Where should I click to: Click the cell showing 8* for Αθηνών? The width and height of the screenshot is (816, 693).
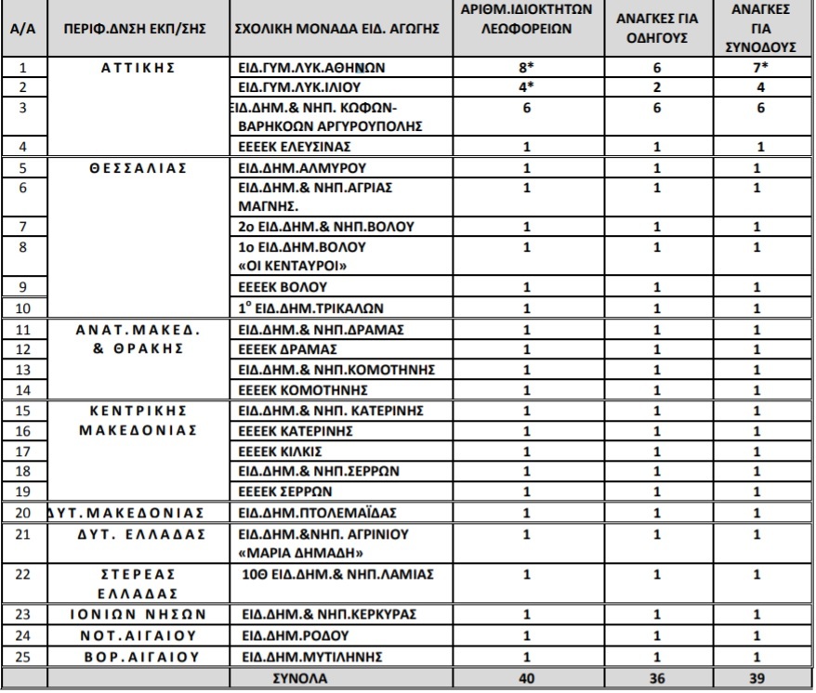(x=527, y=68)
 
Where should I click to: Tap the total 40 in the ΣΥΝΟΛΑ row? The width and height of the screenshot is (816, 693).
(x=527, y=678)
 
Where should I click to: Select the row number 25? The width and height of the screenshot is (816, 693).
(x=24, y=657)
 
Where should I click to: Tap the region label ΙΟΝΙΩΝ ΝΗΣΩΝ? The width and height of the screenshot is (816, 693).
(x=138, y=615)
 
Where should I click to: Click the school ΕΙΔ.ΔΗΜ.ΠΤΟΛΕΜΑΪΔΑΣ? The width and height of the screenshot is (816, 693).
(x=319, y=513)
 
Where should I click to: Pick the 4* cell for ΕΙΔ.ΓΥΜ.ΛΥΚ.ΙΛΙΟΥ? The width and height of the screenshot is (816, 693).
(x=527, y=87)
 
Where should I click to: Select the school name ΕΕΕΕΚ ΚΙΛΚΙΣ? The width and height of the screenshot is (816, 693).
(x=281, y=451)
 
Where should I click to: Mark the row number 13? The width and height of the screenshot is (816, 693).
(x=24, y=370)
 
